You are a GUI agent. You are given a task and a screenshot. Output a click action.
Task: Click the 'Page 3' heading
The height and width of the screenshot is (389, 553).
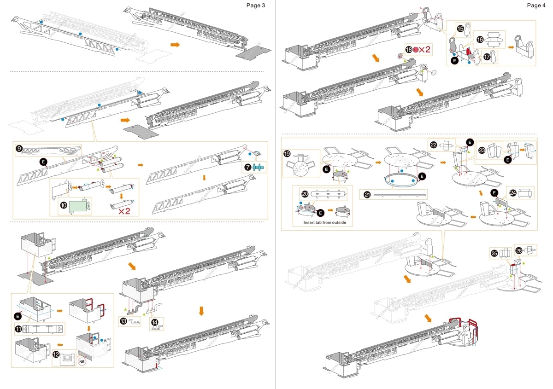pyautogui.click(x=256, y=6)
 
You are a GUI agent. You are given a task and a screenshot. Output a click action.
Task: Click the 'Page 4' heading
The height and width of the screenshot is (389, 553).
pyautogui.click(x=536, y=6)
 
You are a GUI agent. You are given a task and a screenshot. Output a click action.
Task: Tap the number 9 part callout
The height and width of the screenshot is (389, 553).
pyautogui.click(x=19, y=149)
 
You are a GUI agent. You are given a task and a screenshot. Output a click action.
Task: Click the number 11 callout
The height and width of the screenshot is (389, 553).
pyautogui.click(x=19, y=329)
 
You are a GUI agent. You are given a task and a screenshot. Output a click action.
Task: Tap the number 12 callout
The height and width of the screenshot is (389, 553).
pyautogui.click(x=56, y=355)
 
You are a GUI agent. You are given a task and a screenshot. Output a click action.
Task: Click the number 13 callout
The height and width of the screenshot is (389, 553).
pyautogui.click(x=124, y=321)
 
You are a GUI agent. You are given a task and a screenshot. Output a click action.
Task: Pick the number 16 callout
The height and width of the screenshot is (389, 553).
pyautogui.click(x=479, y=40)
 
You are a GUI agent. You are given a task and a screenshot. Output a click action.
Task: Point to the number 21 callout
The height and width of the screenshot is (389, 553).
pyautogui.click(x=367, y=195)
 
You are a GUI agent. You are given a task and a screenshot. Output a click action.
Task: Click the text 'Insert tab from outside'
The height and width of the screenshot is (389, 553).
pyautogui.click(x=322, y=223)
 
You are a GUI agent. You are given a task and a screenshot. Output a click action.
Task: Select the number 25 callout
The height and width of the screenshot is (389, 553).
pyautogui.click(x=494, y=253)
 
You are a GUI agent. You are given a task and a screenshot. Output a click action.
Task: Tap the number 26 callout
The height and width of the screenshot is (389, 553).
pyautogui.click(x=518, y=250)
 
